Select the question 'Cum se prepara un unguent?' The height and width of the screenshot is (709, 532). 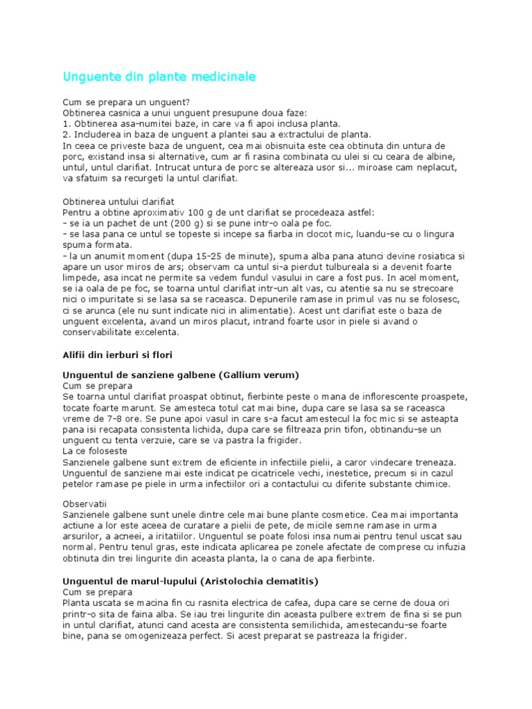tap(121, 102)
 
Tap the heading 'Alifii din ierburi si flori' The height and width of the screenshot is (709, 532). tap(118, 354)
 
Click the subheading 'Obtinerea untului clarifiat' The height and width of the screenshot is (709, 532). tap(119, 201)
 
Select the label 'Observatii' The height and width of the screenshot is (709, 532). tap(85, 503)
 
